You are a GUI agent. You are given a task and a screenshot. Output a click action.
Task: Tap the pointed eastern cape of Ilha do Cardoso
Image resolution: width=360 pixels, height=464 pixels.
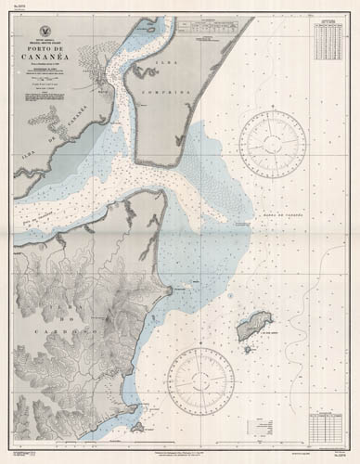click(x=169, y=291)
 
